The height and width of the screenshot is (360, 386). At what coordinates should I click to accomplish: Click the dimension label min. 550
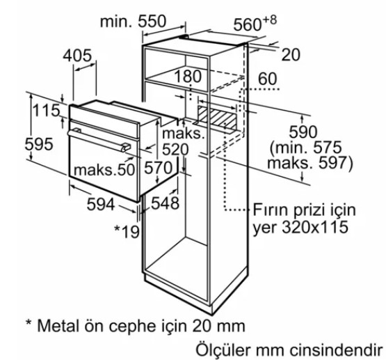133,22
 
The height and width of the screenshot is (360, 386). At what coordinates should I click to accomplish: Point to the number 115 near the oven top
46,111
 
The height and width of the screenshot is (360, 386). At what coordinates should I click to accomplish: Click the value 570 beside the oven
159,167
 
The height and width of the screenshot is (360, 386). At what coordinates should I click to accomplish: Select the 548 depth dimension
166,203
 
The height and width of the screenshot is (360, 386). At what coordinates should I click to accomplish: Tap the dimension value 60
267,79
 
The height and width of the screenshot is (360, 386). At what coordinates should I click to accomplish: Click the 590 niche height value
304,132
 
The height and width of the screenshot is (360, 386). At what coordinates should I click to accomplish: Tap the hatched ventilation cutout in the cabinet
217,115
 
